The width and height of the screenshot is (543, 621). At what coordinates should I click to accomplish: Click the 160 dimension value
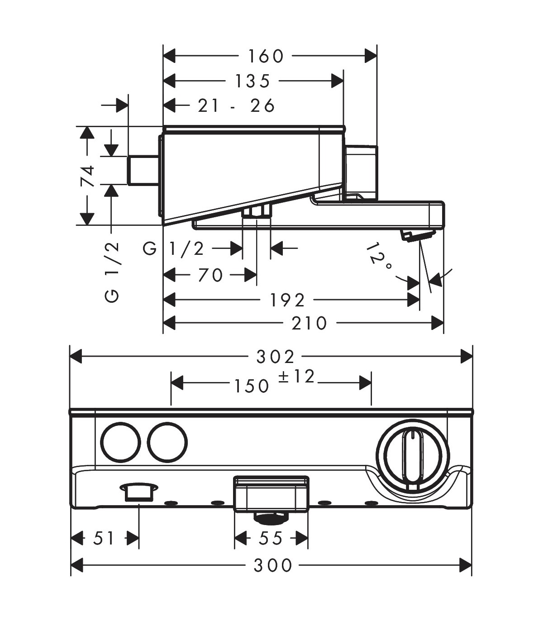[266, 56]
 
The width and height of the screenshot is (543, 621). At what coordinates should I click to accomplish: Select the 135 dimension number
[252, 81]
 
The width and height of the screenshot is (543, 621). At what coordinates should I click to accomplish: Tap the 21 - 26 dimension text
[236, 106]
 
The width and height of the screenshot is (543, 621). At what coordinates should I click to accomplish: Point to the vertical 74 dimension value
[87, 176]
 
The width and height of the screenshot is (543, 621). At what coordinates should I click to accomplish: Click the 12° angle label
[379, 258]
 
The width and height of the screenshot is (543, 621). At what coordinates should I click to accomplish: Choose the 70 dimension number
[210, 275]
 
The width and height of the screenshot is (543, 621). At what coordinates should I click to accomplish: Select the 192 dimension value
[287, 300]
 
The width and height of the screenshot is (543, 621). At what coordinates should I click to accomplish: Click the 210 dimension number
[309, 323]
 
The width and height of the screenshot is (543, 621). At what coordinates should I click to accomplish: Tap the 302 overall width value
[276, 357]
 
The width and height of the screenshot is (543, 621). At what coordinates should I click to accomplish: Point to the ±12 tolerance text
[296, 377]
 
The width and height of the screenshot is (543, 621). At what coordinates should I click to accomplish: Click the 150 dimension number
[252, 386]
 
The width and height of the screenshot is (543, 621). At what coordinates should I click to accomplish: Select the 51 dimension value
[104, 539]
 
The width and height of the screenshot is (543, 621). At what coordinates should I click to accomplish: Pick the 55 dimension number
[271, 539]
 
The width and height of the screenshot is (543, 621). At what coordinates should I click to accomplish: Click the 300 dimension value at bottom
[273, 565]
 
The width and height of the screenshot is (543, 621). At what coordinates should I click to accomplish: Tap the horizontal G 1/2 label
[174, 248]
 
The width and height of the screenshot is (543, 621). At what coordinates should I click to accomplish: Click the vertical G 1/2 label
[112, 272]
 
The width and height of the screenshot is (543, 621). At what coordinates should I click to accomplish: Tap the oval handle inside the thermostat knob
[412, 457]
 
